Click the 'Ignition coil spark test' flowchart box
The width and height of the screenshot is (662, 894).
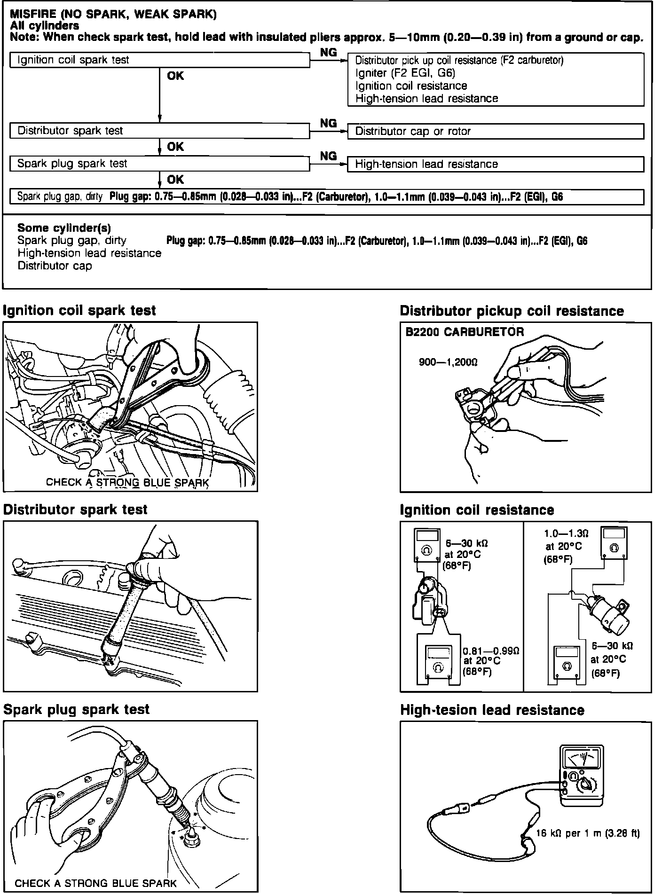pos(159,60)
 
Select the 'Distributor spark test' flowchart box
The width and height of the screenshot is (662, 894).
pos(159,131)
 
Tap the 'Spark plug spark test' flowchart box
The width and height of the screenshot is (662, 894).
pos(159,164)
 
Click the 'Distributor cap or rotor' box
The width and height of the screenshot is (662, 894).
pos(495,131)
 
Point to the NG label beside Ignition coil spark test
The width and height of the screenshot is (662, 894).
pos(328,53)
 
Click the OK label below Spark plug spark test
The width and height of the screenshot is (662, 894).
pos(175,180)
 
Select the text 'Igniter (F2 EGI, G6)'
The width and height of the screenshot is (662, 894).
pos(405,73)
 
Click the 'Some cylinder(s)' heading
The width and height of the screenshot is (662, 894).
pos(64,228)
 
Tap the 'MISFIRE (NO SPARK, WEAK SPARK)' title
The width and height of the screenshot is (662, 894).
pos(113,15)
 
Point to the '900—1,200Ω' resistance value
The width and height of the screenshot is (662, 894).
pos(448,362)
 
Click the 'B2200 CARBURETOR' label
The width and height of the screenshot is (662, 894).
pos(465,332)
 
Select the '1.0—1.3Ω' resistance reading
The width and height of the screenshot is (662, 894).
pos(566,534)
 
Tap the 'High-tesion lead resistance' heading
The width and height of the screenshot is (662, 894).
pos(492,710)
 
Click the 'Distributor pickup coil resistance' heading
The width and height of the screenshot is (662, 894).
pos(512,311)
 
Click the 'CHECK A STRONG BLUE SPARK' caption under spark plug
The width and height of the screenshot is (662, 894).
pos(96,883)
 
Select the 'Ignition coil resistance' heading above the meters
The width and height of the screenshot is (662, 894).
pos(477,510)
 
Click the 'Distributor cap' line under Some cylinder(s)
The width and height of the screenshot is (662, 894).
pos(55,266)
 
